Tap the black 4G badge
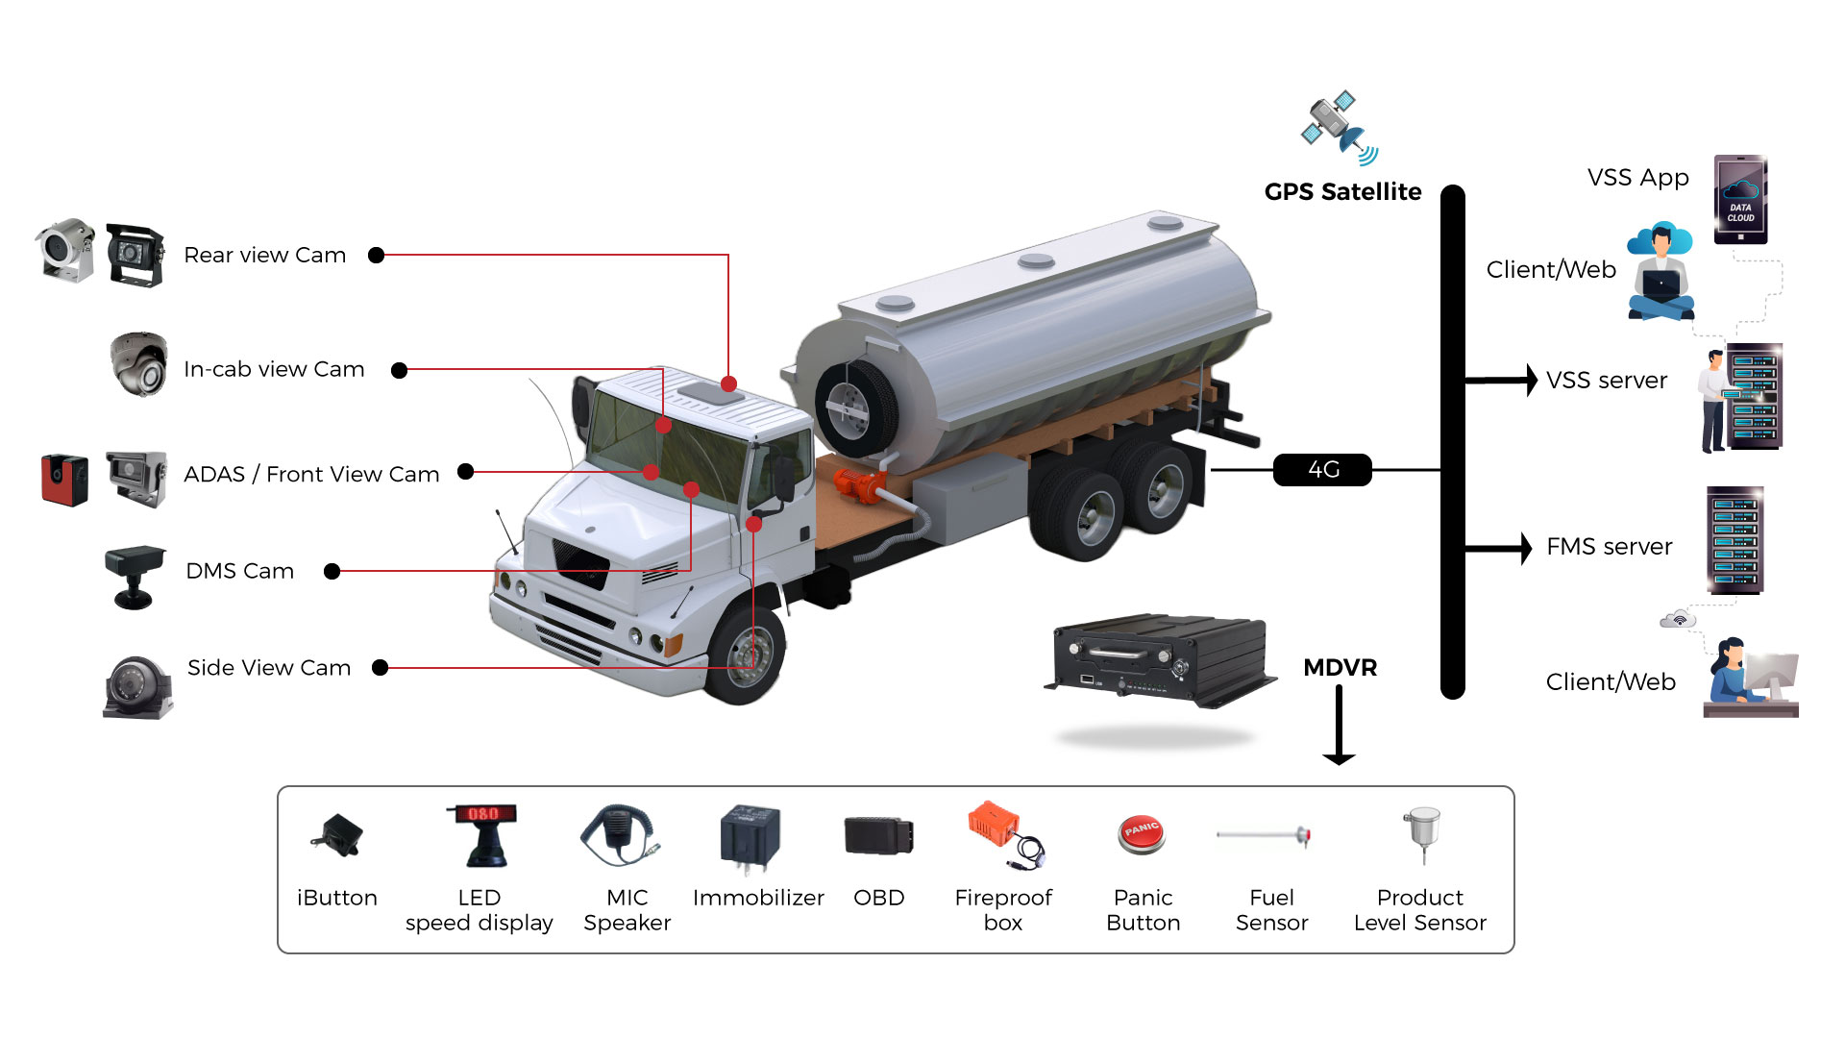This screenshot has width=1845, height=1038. [x=1322, y=470]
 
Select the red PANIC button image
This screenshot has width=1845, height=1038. [x=1142, y=833]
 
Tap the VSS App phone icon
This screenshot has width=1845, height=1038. [x=1740, y=199]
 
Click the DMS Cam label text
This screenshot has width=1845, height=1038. [x=239, y=571]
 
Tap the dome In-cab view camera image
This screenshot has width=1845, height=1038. [x=138, y=365]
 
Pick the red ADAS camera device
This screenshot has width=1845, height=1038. [x=64, y=480]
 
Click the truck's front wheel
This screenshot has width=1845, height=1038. [x=747, y=653]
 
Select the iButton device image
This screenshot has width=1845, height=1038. [x=337, y=835]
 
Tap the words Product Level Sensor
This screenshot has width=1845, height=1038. [x=1419, y=909]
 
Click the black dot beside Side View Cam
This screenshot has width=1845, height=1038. [x=380, y=668]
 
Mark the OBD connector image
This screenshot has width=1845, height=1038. [x=878, y=835]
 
